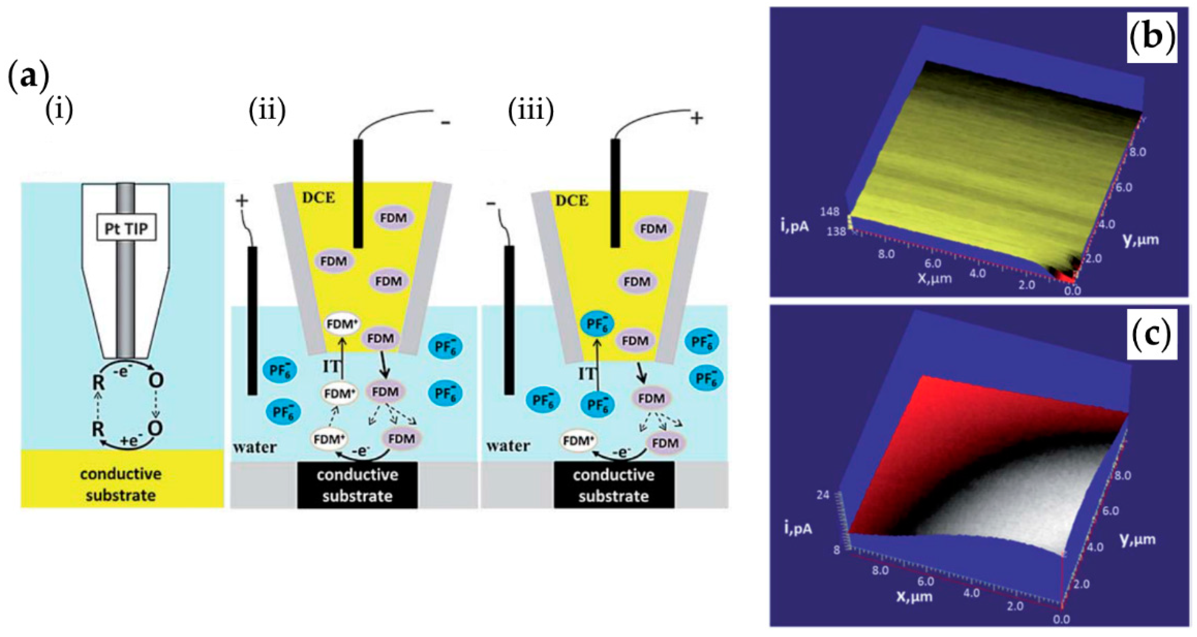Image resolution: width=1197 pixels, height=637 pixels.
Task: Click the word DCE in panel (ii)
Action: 319,198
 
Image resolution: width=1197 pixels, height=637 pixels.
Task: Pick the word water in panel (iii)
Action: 508,446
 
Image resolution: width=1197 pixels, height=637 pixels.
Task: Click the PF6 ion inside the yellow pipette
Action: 598,323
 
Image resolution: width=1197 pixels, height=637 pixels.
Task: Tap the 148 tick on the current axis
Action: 830,212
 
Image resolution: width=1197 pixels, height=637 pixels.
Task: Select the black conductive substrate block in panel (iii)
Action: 613,485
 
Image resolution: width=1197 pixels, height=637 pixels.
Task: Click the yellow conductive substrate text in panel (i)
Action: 121,485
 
